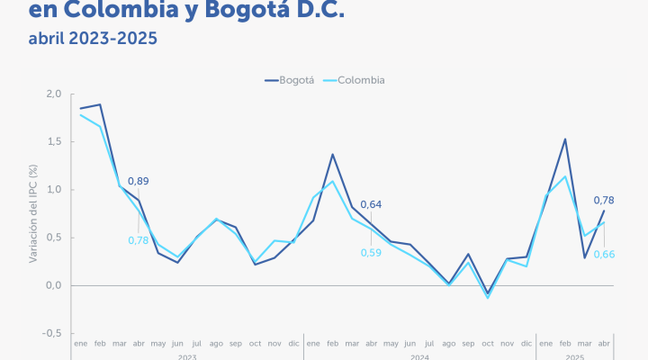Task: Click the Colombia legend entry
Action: click(x=359, y=80)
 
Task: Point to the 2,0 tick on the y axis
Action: click(x=53, y=94)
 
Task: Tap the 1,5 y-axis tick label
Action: click(x=53, y=142)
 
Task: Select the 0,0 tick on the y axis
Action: click(x=53, y=285)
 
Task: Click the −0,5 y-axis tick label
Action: click(x=51, y=333)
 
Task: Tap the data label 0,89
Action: click(x=139, y=181)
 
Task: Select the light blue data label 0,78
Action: click(x=138, y=239)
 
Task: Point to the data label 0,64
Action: click(x=371, y=204)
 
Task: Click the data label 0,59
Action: click(x=371, y=253)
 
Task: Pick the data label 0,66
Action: click(x=604, y=255)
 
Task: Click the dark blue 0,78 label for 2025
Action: click(x=604, y=200)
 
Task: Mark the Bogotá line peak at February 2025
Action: click(x=564, y=139)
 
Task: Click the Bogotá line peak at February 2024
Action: click(x=332, y=154)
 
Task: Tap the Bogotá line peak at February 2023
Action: click(x=100, y=104)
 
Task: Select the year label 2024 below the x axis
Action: click(x=419, y=357)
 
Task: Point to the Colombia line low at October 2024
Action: click(x=487, y=297)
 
